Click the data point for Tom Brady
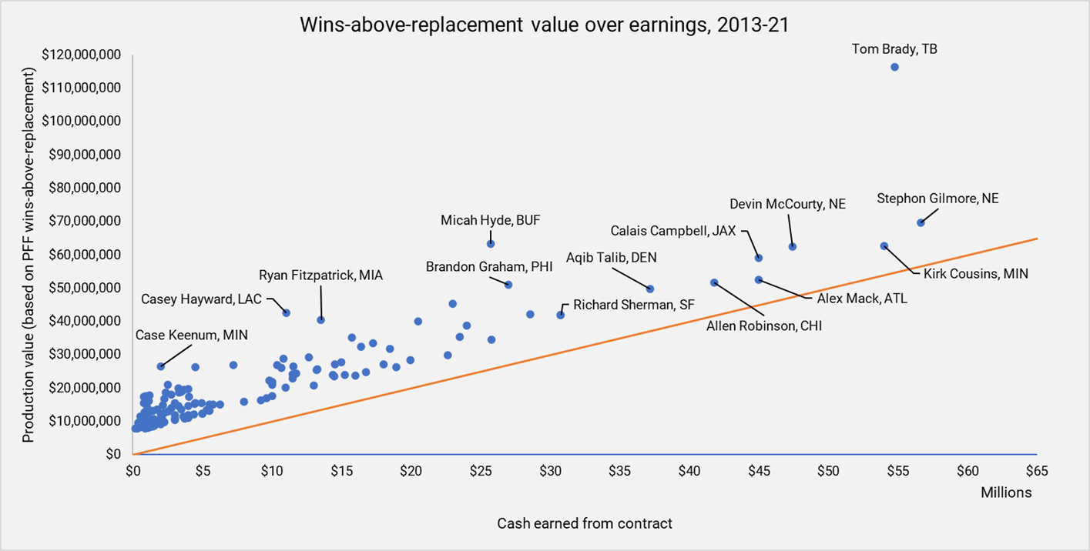(894, 67)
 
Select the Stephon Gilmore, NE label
(937, 199)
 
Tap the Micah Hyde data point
(491, 243)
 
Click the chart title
(545, 25)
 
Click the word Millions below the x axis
(1006, 492)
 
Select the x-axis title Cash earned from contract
(585, 523)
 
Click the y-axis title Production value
(29, 255)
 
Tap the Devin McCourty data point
(792, 246)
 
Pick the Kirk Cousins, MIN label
(975, 273)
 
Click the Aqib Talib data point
(650, 289)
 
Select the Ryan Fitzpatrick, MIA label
(320, 275)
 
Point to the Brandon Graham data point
(508, 285)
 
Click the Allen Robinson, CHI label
(764, 326)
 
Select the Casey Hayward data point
(287, 312)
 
